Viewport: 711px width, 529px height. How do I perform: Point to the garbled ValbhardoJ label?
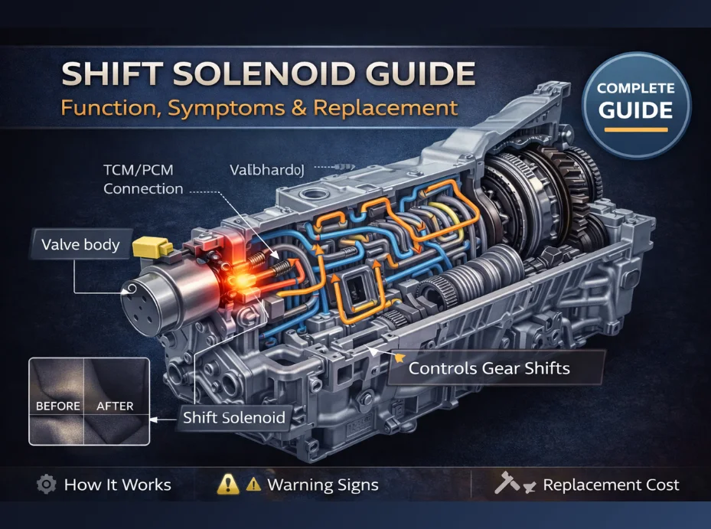point(267,170)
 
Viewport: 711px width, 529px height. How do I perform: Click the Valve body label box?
point(80,245)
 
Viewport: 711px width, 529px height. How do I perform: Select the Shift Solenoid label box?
point(233,417)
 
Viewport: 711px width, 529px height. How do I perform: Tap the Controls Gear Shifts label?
point(489,367)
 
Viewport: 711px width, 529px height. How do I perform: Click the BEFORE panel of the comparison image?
point(58,400)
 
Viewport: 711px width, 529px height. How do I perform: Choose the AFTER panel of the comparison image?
point(115,400)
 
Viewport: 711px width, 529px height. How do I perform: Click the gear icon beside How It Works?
point(46,485)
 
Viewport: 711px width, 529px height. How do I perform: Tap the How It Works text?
point(117,485)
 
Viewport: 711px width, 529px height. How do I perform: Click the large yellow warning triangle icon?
point(227,484)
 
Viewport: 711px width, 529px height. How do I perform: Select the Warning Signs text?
point(322,485)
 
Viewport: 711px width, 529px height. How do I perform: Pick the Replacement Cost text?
point(611,485)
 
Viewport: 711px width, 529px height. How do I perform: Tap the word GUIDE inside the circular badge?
point(635,110)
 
